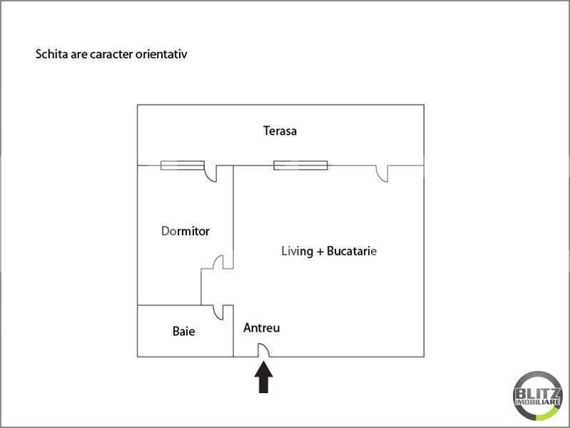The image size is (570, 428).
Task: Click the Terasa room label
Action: pyautogui.click(x=280, y=131)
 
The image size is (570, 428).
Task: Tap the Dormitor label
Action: pyautogui.click(x=185, y=231)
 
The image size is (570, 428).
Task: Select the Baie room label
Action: pyautogui.click(x=183, y=331)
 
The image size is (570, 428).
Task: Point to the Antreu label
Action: pyautogui.click(x=262, y=328)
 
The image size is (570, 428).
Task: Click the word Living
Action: pyautogui.click(x=297, y=251)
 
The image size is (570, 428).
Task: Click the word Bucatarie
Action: pyautogui.click(x=352, y=251)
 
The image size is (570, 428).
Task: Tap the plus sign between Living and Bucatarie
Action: pyautogui.click(x=320, y=252)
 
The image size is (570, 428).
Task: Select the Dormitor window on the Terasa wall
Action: pyautogui.click(x=183, y=165)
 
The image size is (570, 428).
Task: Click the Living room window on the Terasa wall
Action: pyautogui.click(x=300, y=165)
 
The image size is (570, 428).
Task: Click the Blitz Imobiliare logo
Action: pyautogui.click(x=538, y=396)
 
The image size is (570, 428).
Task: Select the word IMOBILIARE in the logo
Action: pyautogui.click(x=538, y=402)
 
